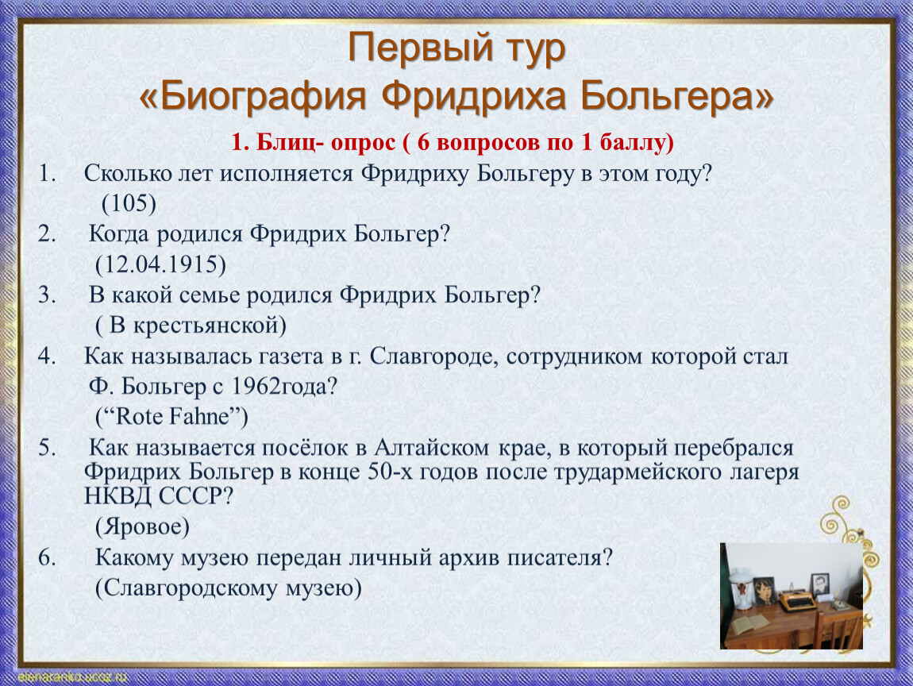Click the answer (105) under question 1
pyautogui.click(x=129, y=203)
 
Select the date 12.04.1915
pyautogui.click(x=160, y=264)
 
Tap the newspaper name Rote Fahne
pyautogui.click(x=171, y=416)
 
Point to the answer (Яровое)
pyautogui.click(x=142, y=526)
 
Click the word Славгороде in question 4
pyautogui.click(x=433, y=356)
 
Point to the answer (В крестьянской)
pyautogui.click(x=191, y=325)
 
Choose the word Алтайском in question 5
pyautogui.click(x=431, y=447)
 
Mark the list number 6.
pyautogui.click(x=47, y=557)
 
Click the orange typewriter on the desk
pyautogui.click(x=798, y=600)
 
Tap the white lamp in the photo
pyautogui.click(x=740, y=588)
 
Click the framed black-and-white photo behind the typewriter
pyautogui.click(x=820, y=584)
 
